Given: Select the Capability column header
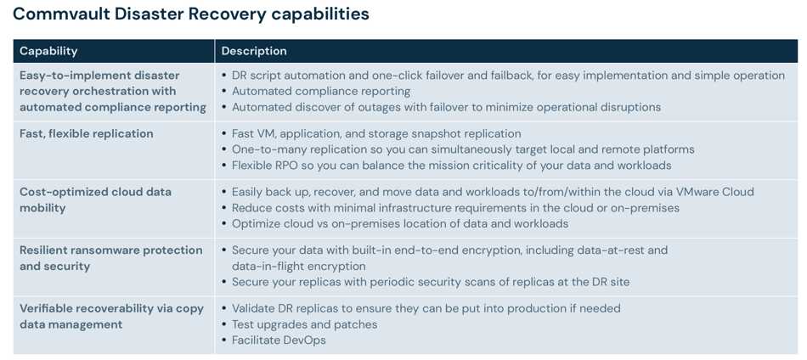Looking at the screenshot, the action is click(48, 51).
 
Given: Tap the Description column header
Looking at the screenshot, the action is click(254, 51).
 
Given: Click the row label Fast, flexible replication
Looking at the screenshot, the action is click(87, 133).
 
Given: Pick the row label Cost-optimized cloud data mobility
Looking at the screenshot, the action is click(96, 200).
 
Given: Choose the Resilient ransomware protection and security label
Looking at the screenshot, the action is click(111, 258).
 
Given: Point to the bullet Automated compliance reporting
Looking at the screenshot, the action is click(321, 92).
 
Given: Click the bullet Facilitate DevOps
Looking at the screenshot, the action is click(279, 340).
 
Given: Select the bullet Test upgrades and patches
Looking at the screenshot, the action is click(305, 324).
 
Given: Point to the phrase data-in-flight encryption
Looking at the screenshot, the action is click(299, 267).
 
